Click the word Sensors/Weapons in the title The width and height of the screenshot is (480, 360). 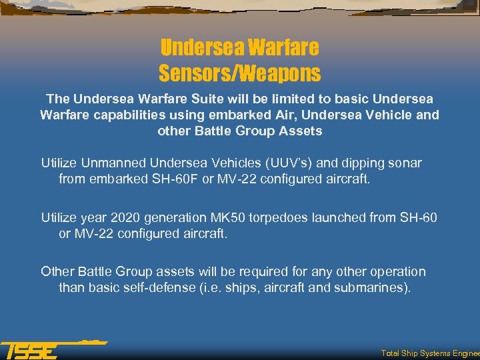pos(239,72)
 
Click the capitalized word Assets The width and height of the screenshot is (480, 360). pos(301,131)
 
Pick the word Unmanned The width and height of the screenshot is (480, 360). pos(115,163)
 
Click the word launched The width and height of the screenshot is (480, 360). pos(346,217)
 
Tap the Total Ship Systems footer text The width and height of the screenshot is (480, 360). pos(429,353)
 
